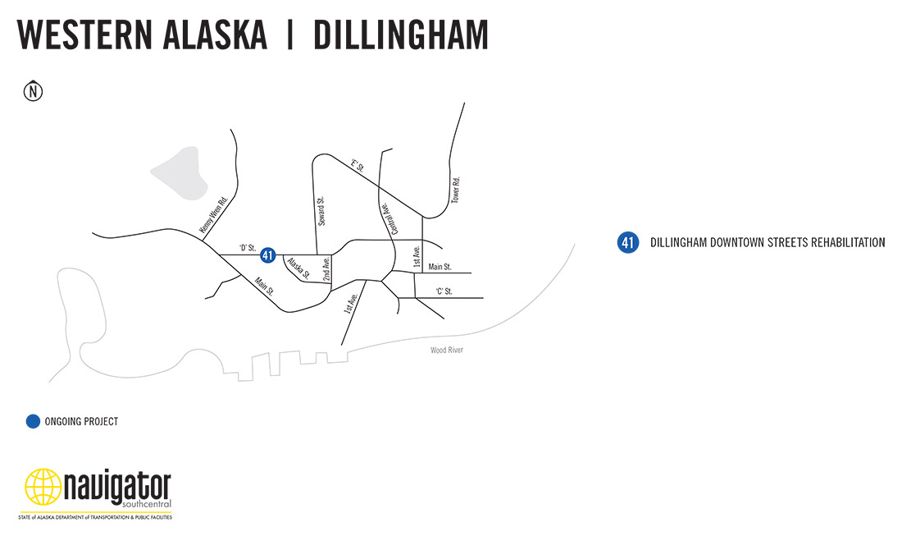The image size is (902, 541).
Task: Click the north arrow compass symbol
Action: [33, 91]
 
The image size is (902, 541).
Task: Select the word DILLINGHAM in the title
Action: [400, 34]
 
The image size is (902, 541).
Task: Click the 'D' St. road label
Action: [247, 247]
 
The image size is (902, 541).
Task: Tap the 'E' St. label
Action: [357, 167]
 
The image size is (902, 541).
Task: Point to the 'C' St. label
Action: [444, 291]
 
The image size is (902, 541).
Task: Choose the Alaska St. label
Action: [298, 268]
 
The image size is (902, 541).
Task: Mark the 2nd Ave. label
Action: [326, 270]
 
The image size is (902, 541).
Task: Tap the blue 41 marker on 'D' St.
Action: [267, 255]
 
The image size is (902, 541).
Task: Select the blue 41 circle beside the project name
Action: [628, 243]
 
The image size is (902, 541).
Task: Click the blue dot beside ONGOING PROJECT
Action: [33, 421]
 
